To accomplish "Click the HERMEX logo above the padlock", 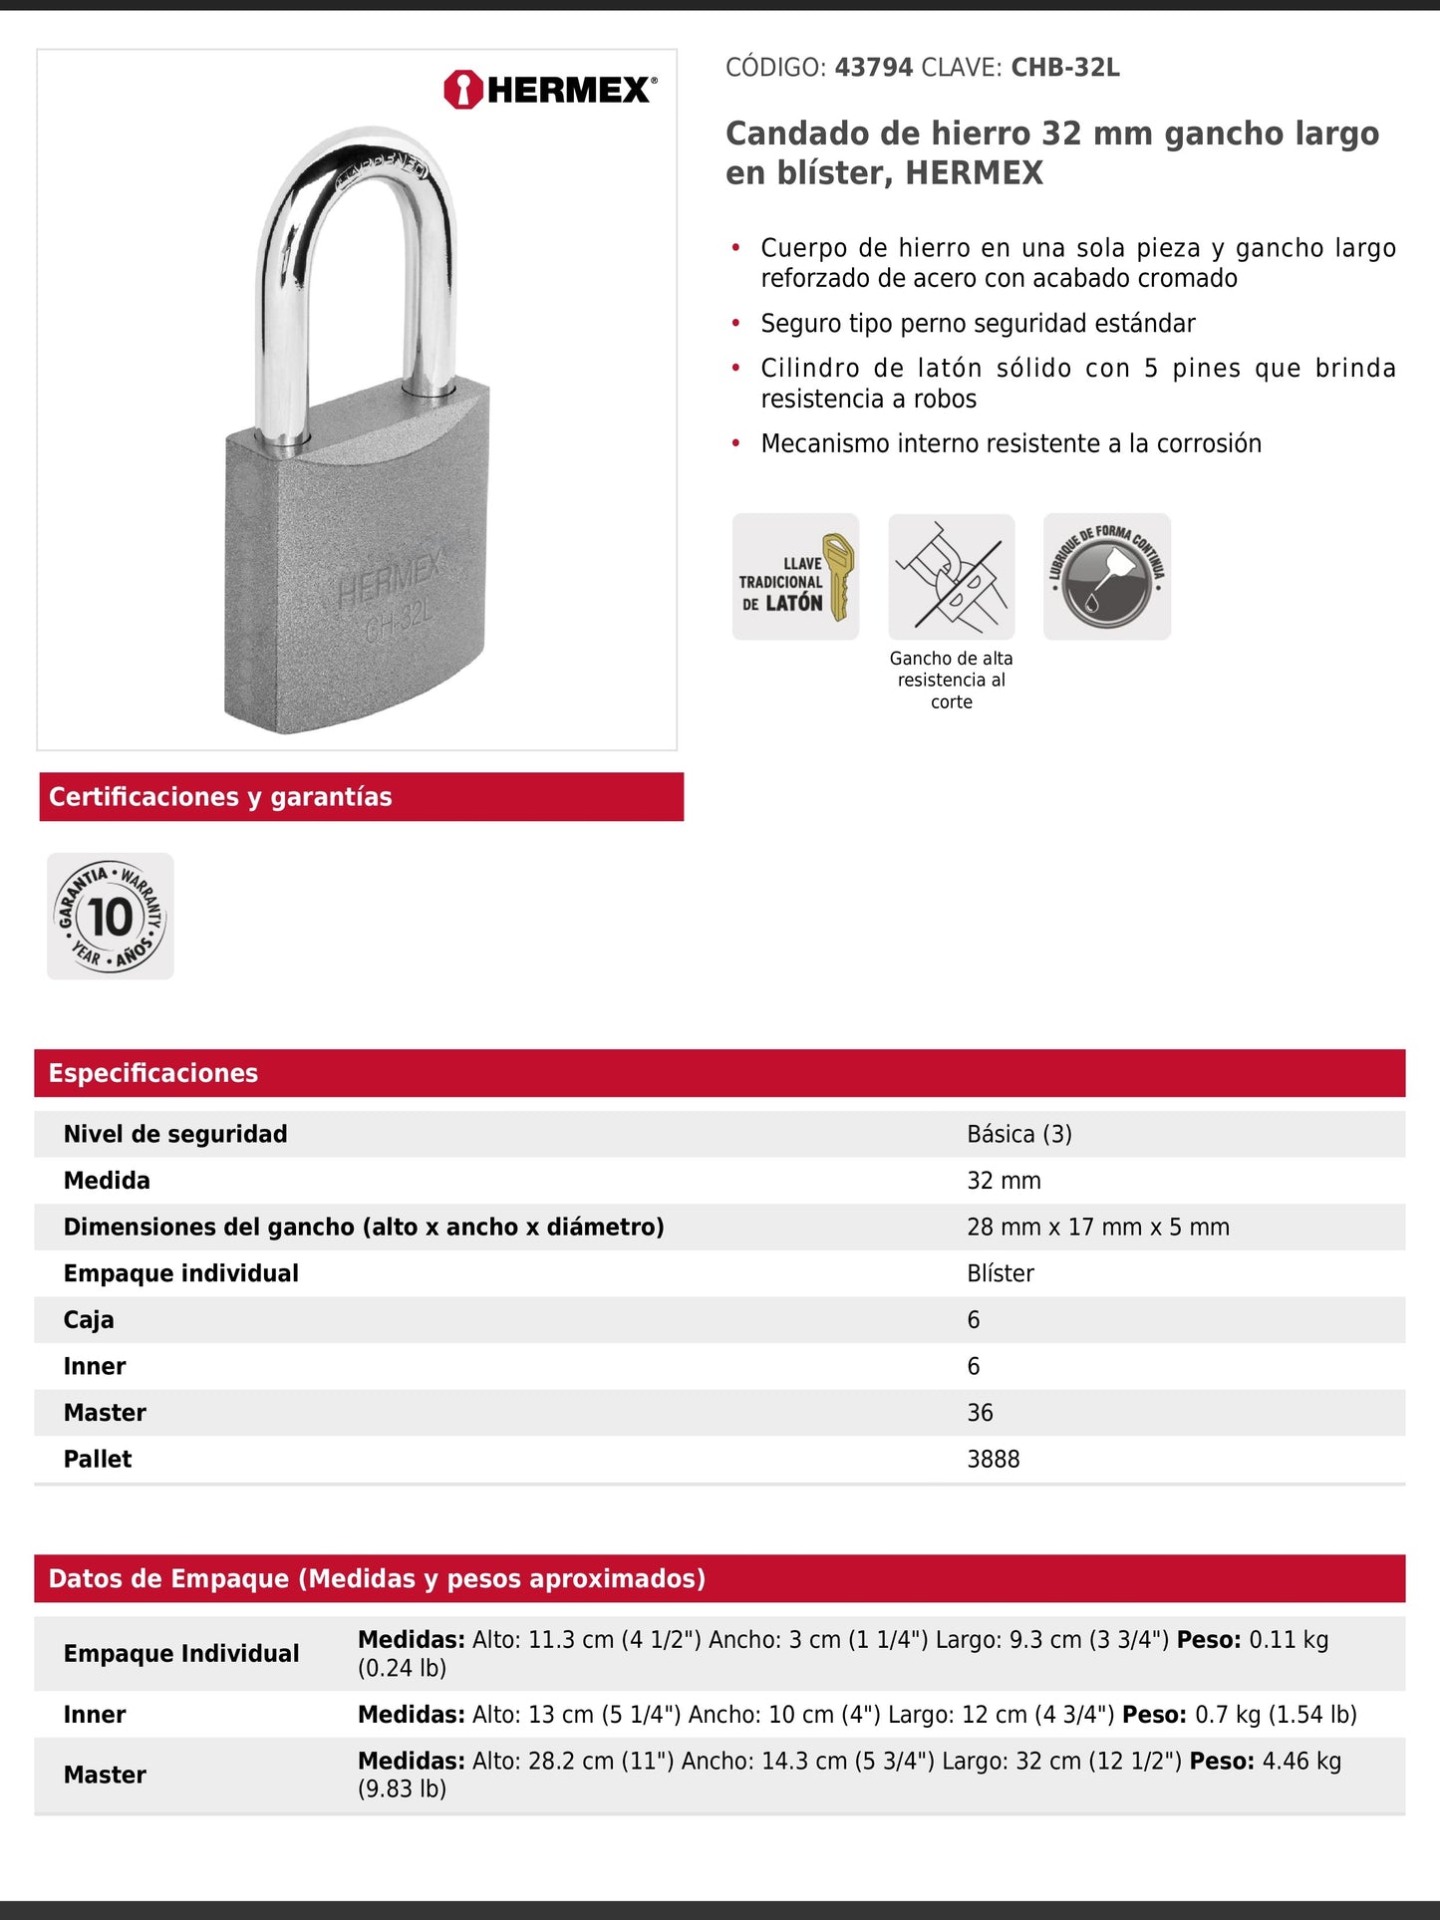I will [550, 90].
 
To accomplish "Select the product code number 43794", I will [873, 68].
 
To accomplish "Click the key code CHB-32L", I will [1065, 68].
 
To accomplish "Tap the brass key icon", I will [839, 576].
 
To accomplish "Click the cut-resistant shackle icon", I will [951, 576].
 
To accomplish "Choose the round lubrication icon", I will [1106, 576].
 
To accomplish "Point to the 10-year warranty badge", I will [111, 916].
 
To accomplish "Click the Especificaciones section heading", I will [153, 1073].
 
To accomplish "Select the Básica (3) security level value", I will [1018, 1134].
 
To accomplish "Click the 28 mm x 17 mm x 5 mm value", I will [1097, 1227].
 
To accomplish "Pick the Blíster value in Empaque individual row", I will [1001, 1273].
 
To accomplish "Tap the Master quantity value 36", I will [980, 1413].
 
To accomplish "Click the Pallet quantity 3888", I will [993, 1459].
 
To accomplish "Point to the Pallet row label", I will [98, 1459].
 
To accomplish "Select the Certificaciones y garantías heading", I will [220, 797].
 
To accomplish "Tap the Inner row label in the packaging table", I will [95, 1714].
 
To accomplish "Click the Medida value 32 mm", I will [1004, 1181].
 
